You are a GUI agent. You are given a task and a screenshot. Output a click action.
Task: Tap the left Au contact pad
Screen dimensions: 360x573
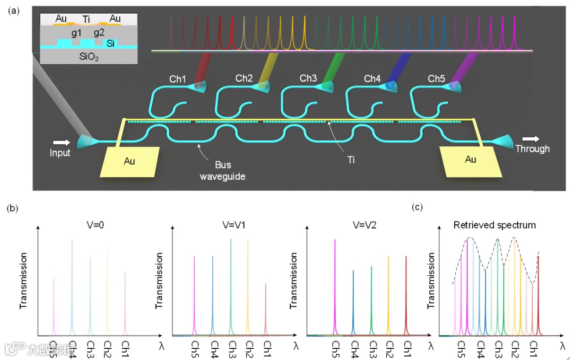129,161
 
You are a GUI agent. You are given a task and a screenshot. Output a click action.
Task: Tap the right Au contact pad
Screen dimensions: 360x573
470,160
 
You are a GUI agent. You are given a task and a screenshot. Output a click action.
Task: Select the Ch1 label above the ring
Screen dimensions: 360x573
178,80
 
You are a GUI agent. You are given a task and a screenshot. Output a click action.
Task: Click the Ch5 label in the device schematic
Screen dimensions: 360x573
436,79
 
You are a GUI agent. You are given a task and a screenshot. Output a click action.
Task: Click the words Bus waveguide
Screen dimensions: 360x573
222,171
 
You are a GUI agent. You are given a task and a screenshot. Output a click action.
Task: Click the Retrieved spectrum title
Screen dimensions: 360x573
494,225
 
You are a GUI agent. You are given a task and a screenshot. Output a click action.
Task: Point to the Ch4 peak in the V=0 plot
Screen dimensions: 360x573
72,286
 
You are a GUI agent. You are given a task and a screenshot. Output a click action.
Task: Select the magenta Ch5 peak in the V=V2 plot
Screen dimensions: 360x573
335,286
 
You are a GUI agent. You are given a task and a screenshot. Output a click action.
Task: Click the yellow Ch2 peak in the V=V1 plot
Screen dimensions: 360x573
248,286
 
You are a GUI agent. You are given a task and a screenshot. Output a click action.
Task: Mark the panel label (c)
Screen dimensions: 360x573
418,207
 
